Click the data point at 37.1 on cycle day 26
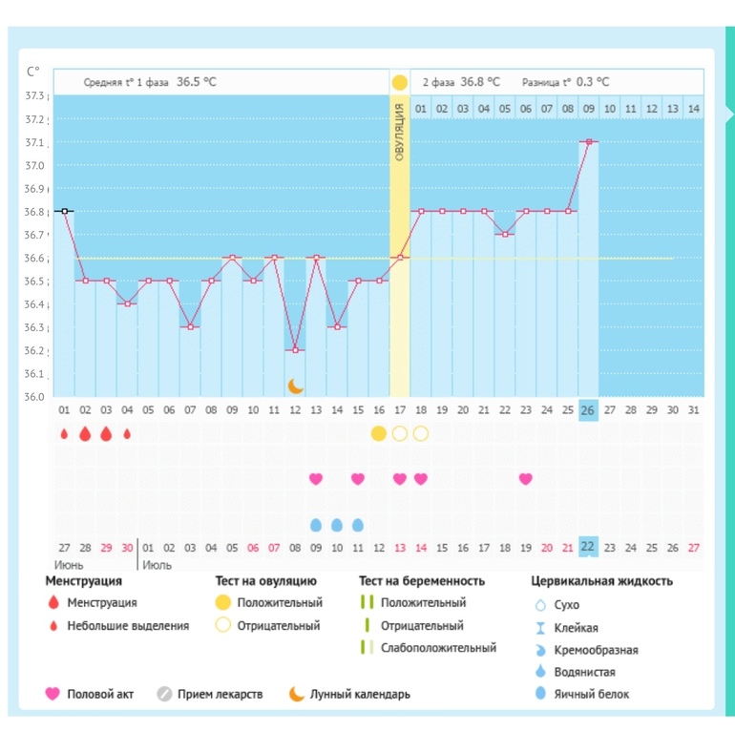(x=589, y=141)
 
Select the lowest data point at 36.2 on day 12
(x=295, y=350)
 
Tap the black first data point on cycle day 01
(x=65, y=211)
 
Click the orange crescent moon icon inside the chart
(x=295, y=386)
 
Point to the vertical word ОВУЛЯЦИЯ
(x=399, y=132)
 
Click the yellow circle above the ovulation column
(x=399, y=82)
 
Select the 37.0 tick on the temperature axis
(x=34, y=165)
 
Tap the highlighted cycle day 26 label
(x=588, y=410)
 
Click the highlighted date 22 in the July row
(x=588, y=547)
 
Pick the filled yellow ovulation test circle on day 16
(x=379, y=434)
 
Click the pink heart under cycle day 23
(x=525, y=479)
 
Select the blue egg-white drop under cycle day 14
(x=337, y=525)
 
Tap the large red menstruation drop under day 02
(x=85, y=434)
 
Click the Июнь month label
(x=69, y=565)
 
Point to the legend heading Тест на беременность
(x=422, y=581)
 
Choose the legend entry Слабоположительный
(x=429, y=648)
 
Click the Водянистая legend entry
(x=576, y=672)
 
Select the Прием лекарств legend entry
(x=210, y=694)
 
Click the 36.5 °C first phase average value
(x=197, y=82)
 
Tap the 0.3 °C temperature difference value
(x=593, y=82)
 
